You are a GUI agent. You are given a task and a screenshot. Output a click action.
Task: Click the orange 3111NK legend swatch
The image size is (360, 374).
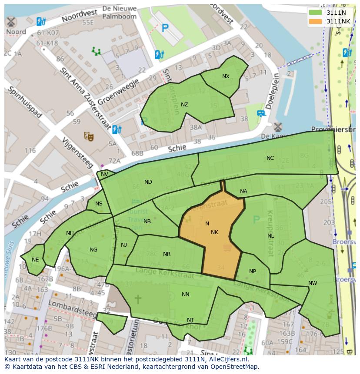point(316,21)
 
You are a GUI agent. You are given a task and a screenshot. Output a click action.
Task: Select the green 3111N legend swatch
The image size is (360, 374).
point(316,12)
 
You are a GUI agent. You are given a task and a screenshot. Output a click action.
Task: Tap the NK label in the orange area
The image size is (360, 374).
point(214,232)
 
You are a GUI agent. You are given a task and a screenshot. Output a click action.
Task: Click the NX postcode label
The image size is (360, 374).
point(226,76)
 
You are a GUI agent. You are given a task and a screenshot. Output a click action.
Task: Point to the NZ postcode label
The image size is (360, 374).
point(184,105)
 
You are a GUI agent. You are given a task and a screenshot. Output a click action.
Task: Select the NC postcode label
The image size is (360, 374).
point(270,158)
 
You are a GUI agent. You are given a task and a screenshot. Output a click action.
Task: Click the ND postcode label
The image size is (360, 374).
point(148,182)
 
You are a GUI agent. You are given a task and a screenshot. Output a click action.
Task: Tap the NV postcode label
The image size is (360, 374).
point(104,174)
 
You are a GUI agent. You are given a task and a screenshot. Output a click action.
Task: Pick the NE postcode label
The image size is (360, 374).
point(35,260)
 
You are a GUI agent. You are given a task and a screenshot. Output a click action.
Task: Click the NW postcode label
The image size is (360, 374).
point(313,283)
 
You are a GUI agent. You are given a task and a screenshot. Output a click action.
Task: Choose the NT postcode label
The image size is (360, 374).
point(190,320)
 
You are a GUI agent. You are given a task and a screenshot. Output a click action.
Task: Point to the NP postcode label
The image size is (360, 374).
point(253,271)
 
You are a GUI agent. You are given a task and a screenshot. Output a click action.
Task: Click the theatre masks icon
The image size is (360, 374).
point(89,136)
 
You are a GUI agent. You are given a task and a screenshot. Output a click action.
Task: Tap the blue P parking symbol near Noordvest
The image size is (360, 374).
point(165,29)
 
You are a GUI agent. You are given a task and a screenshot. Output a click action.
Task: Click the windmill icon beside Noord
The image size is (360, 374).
point(11,22)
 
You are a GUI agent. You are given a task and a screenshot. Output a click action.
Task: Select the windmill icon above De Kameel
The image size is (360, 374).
point(277,127)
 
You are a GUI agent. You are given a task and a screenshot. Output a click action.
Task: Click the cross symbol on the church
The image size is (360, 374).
point(138,299)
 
